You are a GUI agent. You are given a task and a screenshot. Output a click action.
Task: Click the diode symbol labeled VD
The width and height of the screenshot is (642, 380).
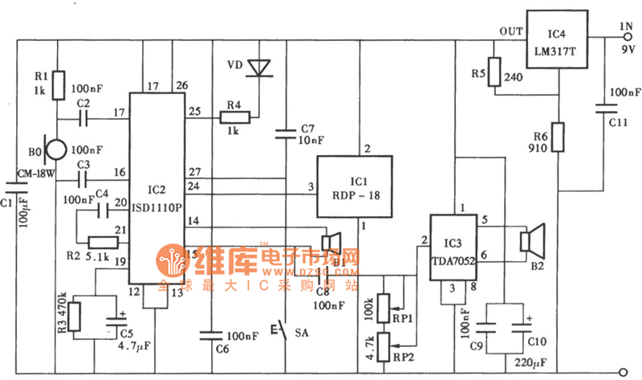pos(259,67)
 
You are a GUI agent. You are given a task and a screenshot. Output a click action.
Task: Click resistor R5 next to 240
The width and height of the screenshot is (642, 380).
pos(494,70)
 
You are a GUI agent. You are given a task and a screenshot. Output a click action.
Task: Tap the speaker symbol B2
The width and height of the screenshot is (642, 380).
pos(530,240)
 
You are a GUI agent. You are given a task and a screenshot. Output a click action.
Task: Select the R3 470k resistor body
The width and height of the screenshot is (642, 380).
pos(75,316)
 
